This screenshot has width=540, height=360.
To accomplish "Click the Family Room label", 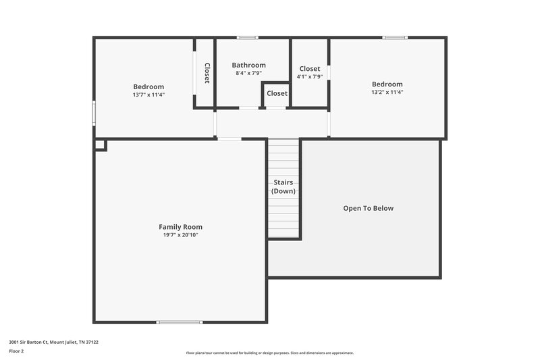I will [180, 227].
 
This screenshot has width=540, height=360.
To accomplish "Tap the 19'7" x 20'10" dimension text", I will [180, 235].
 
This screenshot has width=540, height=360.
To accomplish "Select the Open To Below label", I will [368, 208].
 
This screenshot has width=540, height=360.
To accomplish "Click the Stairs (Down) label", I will [283, 186].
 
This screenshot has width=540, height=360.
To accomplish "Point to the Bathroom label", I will [248, 66].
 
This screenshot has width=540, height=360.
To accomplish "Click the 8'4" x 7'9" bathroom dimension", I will [248, 73].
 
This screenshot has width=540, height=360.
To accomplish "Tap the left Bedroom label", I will [148, 86].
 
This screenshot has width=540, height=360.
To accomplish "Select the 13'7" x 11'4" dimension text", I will [148, 95].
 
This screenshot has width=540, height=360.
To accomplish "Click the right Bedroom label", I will [387, 84].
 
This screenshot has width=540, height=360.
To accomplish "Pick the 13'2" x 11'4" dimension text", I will [387, 92].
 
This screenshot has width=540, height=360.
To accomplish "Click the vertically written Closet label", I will [207, 73].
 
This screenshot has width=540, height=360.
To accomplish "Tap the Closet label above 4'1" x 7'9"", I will [310, 69].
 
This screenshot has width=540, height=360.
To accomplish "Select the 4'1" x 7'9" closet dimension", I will [310, 76].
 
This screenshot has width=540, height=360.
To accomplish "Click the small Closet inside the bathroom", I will [276, 93].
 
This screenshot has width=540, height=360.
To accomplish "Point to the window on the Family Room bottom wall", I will [180, 322].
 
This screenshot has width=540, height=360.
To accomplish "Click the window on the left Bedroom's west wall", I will [94, 113].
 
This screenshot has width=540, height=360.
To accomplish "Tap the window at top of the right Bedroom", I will [395, 37].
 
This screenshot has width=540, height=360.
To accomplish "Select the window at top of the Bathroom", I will [248, 37].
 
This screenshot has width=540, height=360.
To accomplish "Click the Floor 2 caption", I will [16, 351].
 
